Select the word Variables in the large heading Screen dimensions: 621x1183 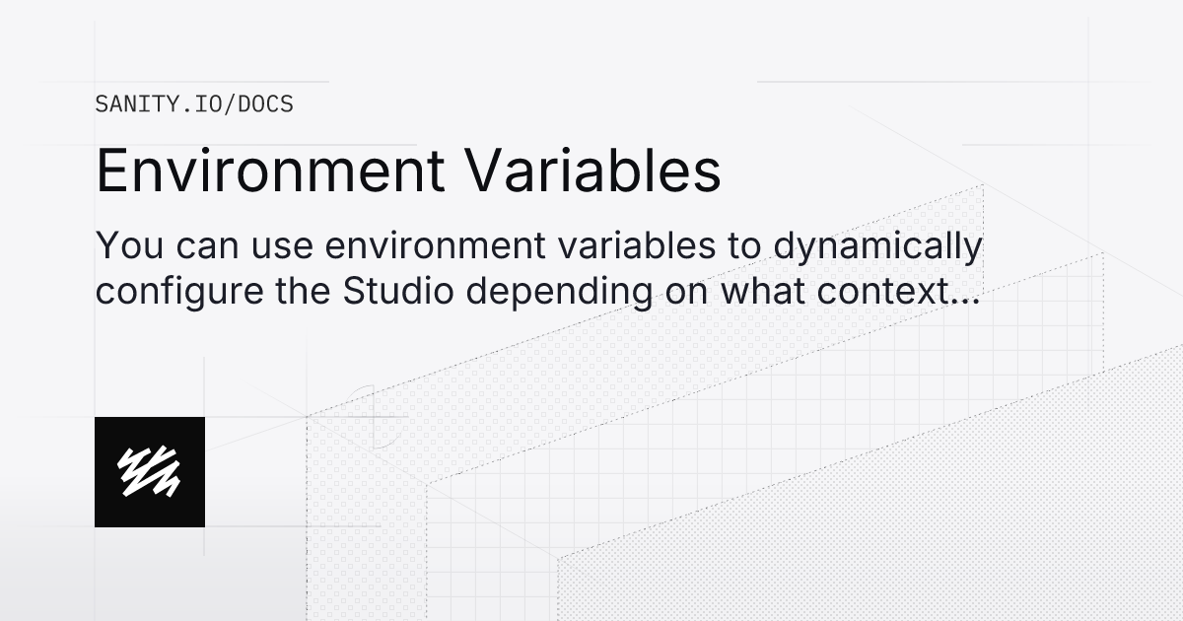coord(593,172)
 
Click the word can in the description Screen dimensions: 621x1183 coord(194,247)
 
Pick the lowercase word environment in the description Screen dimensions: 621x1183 coord(412,247)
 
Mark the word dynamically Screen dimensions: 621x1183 coord(877,249)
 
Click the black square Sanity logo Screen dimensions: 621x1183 coord(150,472)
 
